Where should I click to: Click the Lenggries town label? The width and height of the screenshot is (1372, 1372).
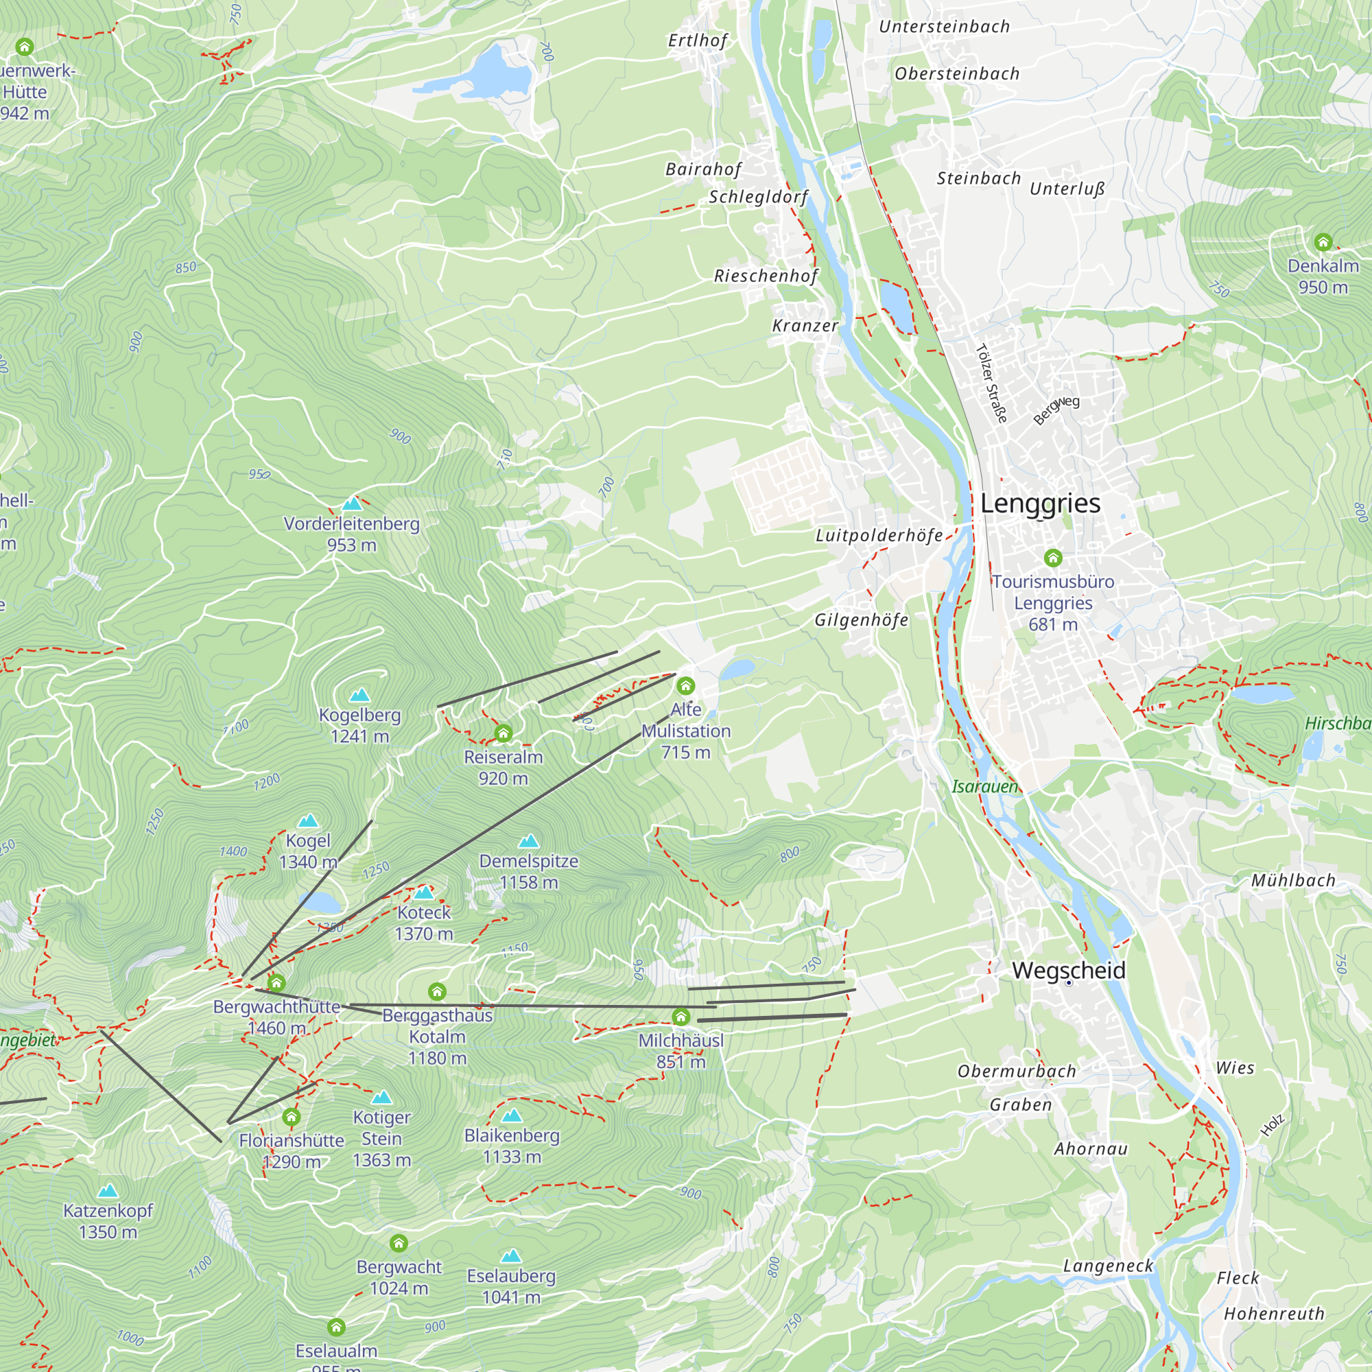pyautogui.click(x=1040, y=504)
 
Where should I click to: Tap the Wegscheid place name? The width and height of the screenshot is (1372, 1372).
pyautogui.click(x=1068, y=970)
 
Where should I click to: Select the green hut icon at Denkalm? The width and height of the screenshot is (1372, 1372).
pyautogui.click(x=1323, y=242)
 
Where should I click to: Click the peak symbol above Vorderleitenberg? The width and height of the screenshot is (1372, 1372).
pyautogui.click(x=352, y=504)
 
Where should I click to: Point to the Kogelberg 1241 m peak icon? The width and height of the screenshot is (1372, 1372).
pyautogui.click(x=359, y=694)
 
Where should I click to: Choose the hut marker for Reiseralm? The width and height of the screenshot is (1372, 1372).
pyautogui.click(x=503, y=733)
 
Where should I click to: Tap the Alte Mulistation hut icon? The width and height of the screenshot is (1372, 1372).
pyautogui.click(x=685, y=686)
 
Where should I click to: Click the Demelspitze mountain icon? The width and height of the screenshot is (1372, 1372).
pyautogui.click(x=528, y=842)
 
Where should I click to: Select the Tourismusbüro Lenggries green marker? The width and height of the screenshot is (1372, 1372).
pyautogui.click(x=1052, y=558)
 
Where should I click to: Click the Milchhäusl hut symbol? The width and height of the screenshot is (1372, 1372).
pyautogui.click(x=681, y=1017)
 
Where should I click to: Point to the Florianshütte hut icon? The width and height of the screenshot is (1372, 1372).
pyautogui.click(x=291, y=1117)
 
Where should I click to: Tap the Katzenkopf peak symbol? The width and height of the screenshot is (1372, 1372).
pyautogui.click(x=108, y=1191)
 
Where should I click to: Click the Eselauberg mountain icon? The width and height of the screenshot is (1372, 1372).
pyautogui.click(x=510, y=1256)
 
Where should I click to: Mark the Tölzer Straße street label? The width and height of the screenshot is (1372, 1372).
pyautogui.click(x=991, y=383)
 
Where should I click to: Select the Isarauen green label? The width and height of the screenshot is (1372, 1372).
pyautogui.click(x=984, y=786)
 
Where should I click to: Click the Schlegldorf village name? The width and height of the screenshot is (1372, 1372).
pyautogui.click(x=758, y=197)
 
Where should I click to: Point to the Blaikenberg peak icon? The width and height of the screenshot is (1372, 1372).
pyautogui.click(x=511, y=1115)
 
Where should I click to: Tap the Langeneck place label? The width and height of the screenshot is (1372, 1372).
pyautogui.click(x=1108, y=1266)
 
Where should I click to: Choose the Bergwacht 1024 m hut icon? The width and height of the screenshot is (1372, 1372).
pyautogui.click(x=399, y=1243)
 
